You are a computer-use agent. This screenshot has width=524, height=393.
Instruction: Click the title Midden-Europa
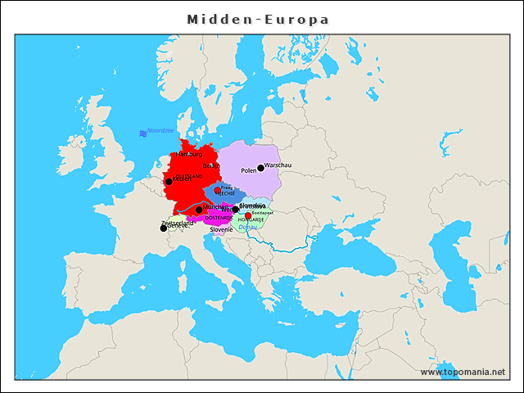[x=258, y=18]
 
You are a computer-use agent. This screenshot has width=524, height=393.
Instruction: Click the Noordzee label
[x=160, y=131]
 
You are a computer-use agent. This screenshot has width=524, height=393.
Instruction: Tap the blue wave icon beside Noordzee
[x=142, y=132]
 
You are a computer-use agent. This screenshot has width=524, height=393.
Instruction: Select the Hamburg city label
[x=189, y=154]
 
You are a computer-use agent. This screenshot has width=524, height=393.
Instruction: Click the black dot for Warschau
[x=261, y=168]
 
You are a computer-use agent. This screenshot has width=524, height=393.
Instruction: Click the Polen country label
[x=249, y=171]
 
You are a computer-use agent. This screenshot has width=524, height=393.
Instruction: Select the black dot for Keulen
[x=169, y=182]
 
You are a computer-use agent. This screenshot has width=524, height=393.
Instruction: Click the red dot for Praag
[x=217, y=190]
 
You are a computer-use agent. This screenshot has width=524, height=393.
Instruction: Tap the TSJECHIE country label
[x=225, y=194]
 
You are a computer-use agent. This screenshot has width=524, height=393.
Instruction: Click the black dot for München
[x=199, y=210]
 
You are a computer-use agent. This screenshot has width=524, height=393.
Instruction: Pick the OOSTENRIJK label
[x=218, y=218]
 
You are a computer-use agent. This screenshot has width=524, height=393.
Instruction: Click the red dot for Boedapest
[x=248, y=216]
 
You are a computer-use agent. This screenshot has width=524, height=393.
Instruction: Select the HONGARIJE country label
[x=251, y=220]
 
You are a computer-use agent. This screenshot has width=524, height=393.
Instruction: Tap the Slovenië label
[x=222, y=230]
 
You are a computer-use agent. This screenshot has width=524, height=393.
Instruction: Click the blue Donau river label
[x=247, y=227]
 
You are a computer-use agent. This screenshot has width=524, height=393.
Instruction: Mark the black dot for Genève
[x=164, y=228]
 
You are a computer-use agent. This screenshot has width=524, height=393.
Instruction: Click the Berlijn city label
[x=211, y=165]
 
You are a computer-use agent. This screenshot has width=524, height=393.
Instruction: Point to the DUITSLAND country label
[x=188, y=176]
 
